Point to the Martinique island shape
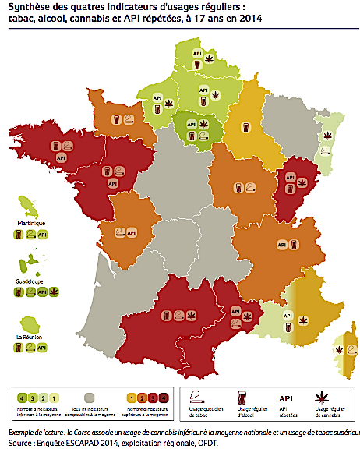(23, 207)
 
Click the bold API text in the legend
(284, 395)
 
